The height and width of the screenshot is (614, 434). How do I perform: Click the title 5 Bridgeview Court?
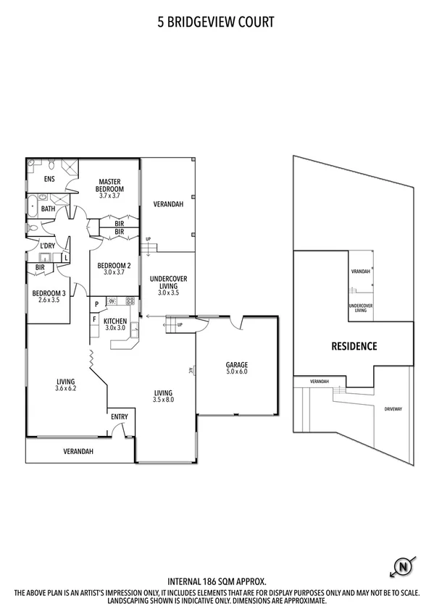click(216, 22)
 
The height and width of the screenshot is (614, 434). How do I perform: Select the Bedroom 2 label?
click(114, 269)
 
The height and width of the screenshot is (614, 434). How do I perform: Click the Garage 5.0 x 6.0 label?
click(236, 368)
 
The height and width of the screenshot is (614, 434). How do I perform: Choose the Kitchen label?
click(115, 324)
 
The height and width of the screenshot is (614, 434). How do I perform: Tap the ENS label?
click(50, 179)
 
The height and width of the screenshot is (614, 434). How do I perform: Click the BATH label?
click(48, 209)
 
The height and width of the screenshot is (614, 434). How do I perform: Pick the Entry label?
click(119, 416)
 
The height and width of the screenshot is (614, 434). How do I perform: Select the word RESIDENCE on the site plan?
click(354, 346)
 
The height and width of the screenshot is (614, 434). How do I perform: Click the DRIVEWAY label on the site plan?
click(394, 409)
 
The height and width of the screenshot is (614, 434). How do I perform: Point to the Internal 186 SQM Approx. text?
click(217, 581)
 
